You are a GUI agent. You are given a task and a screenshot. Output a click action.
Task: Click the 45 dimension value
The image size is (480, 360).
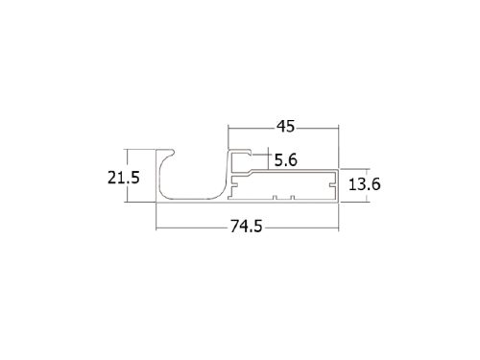click(x=285, y=127)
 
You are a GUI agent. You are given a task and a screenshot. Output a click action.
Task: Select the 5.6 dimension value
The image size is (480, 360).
click(x=286, y=160)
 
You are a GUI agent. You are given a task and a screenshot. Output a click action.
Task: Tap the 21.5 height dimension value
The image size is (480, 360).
click(x=124, y=178)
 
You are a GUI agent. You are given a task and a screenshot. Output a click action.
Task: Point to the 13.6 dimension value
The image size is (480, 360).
click(x=365, y=184)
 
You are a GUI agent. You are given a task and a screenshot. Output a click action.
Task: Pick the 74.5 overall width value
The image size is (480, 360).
click(x=247, y=227)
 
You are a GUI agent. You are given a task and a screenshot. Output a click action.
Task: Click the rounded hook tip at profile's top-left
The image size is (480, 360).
click(x=173, y=152)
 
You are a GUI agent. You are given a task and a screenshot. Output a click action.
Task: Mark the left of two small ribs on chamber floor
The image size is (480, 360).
click(x=275, y=197)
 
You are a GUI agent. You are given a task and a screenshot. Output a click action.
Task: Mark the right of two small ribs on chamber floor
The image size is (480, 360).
click(x=292, y=197)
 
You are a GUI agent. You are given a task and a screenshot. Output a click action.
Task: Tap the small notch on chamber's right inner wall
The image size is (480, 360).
click(x=332, y=185)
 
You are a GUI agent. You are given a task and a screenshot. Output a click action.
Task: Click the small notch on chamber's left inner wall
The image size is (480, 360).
click(x=234, y=185)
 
